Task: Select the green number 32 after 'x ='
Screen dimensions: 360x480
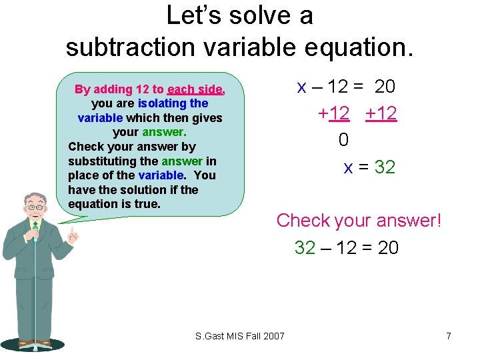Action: (385, 167)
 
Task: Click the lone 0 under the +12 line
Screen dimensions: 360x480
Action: (343, 140)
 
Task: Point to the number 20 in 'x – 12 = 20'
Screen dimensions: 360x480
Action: (385, 87)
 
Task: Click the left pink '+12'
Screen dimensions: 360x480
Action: (334, 113)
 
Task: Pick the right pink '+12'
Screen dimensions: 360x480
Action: (381, 113)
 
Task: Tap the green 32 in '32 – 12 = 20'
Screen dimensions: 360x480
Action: (305, 248)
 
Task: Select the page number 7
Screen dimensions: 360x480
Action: (449, 336)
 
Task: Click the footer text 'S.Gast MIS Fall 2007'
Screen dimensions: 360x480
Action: (240, 335)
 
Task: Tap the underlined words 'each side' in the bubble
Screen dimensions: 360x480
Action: (195, 89)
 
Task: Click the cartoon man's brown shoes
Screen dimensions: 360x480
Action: (35, 343)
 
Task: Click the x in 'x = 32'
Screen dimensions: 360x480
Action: (349, 168)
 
